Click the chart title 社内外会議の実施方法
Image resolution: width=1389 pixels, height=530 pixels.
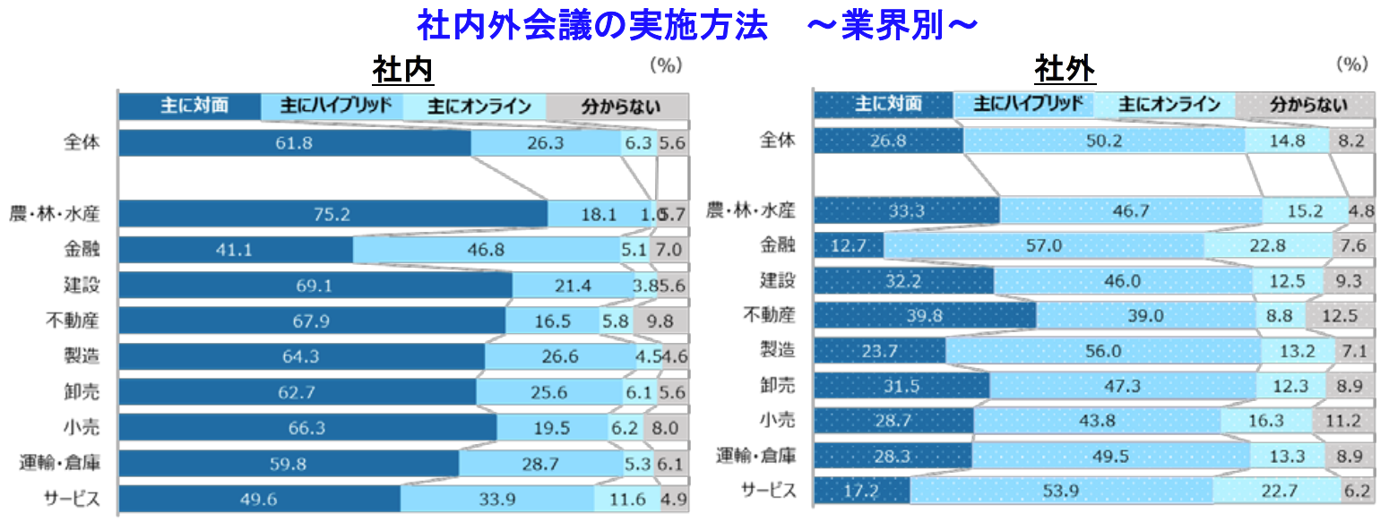(x=591, y=26)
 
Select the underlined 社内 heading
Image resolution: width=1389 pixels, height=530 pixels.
(x=403, y=69)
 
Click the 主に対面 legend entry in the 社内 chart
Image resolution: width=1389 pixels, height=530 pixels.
(x=191, y=106)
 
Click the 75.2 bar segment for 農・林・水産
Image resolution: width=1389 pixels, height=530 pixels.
(x=332, y=214)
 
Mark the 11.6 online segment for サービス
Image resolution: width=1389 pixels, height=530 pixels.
(x=625, y=499)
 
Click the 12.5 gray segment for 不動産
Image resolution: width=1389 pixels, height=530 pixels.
(x=1340, y=315)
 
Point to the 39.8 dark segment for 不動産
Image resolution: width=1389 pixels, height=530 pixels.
(x=924, y=315)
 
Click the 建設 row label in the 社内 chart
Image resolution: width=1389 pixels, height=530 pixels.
(x=81, y=285)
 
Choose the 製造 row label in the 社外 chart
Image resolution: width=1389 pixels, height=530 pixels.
(x=778, y=350)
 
